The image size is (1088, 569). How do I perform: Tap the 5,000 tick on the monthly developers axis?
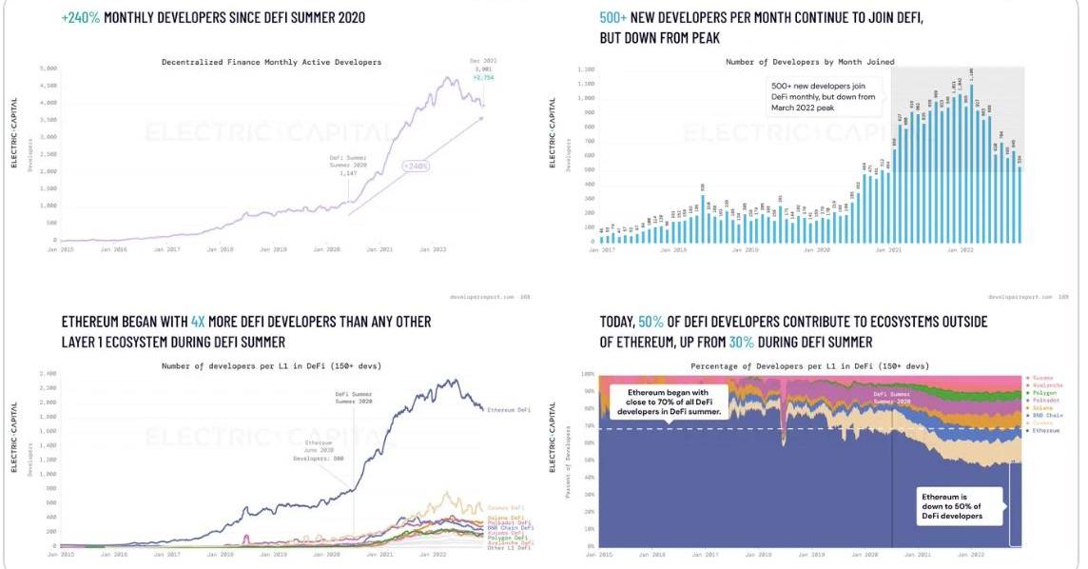[x=48, y=69]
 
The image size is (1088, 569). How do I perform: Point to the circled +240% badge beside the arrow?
[x=416, y=166]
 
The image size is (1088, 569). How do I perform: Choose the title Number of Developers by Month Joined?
[x=809, y=62]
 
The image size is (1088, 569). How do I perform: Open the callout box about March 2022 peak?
[x=823, y=96]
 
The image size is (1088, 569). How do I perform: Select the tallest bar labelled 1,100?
[x=970, y=73]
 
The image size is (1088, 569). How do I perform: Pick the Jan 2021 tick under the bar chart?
[x=887, y=250]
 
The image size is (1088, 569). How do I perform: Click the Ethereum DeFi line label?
[x=508, y=409]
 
